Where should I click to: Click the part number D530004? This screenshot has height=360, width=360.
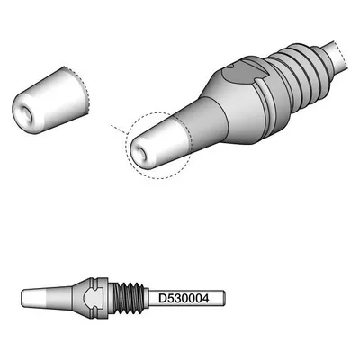(184, 298)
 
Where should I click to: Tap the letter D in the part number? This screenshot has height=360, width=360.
(162, 298)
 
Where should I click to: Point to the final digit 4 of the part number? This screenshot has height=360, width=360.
(205, 298)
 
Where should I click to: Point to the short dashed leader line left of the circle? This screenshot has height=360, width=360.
(119, 130)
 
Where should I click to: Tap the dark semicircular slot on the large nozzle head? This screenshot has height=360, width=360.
(240, 74)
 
